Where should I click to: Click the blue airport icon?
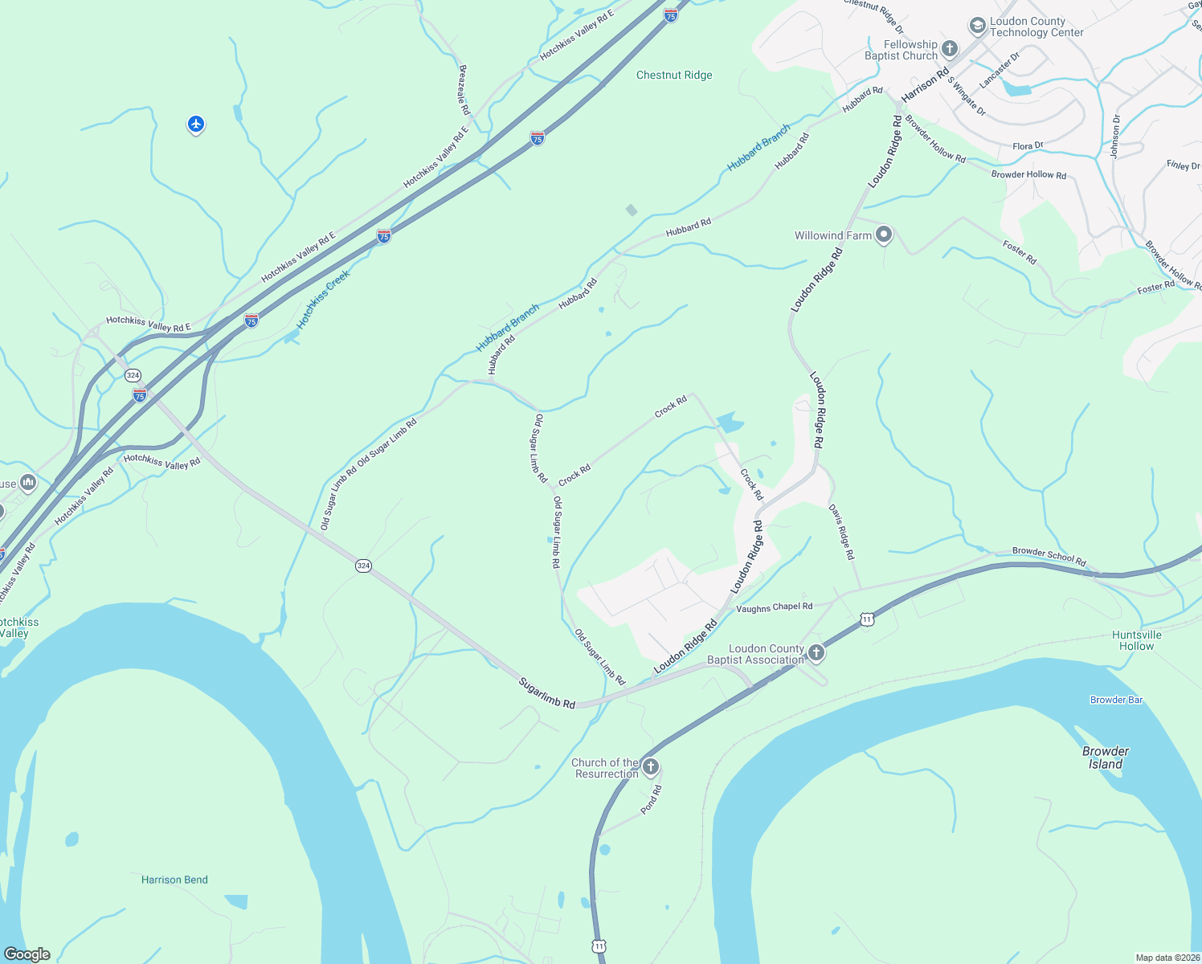click(x=196, y=125)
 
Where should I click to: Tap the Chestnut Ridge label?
click(x=674, y=75)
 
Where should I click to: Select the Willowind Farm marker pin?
click(x=884, y=235)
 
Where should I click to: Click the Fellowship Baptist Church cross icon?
click(x=949, y=49)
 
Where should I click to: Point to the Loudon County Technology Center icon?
click(x=977, y=27)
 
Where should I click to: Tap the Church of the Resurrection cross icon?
click(x=651, y=767)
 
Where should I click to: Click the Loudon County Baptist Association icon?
click(x=816, y=653)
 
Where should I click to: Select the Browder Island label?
click(x=1105, y=758)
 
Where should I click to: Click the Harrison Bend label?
click(x=174, y=880)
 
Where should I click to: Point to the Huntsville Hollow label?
click(x=1136, y=640)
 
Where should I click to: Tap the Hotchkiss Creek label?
click(x=324, y=299)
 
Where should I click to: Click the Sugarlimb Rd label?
click(x=547, y=692)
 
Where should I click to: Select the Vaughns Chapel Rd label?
click(x=775, y=607)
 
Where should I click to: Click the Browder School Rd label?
click(x=1049, y=556)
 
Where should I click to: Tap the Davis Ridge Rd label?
click(x=841, y=532)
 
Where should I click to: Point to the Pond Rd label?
click(x=651, y=799)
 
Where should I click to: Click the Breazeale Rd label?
click(x=464, y=90)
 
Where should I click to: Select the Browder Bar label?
click(x=1116, y=700)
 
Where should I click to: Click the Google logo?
click(x=27, y=954)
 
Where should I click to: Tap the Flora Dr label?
click(x=1028, y=146)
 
